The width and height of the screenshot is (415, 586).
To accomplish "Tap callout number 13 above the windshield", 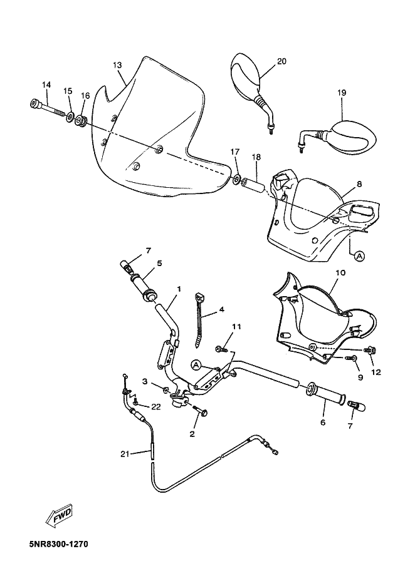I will [x=117, y=65].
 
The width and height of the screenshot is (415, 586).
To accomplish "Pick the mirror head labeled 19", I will [x=351, y=136].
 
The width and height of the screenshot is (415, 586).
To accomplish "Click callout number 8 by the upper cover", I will [x=359, y=184].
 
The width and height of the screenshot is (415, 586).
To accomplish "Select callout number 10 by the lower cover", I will [x=340, y=274].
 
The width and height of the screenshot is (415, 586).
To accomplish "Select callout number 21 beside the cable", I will [x=126, y=454].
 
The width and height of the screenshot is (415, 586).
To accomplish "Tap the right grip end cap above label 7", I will [x=355, y=406].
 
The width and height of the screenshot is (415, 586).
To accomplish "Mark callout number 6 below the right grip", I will [x=323, y=423].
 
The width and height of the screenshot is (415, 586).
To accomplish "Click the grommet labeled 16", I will [x=81, y=118].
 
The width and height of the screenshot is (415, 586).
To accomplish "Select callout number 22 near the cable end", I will [x=156, y=407].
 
